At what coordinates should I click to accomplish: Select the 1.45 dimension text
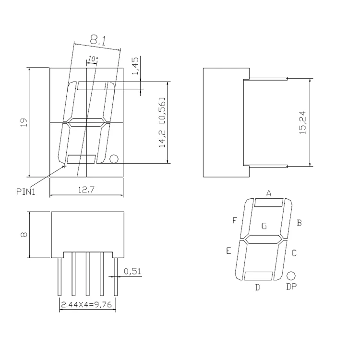pyautogui.click(x=135, y=66)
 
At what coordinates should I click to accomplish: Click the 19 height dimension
pyautogui.click(x=24, y=123)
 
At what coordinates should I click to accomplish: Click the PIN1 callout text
pyautogui.click(x=26, y=192)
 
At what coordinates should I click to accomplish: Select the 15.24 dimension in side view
pyautogui.click(x=302, y=123)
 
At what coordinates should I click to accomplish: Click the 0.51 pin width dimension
pyautogui.click(x=132, y=272)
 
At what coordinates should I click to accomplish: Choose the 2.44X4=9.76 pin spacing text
pyautogui.click(x=87, y=304)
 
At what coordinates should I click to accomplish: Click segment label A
pyautogui.click(x=269, y=193)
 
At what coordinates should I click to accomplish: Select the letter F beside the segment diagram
pyautogui.click(x=234, y=220)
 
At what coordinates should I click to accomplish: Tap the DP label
pyautogui.click(x=291, y=287)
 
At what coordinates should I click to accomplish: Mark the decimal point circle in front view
pyautogui.click(x=114, y=159)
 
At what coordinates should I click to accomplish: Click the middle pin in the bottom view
pyautogui.click(x=87, y=276)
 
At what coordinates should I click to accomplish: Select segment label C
pyautogui.click(x=294, y=252)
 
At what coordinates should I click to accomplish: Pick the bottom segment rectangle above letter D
pyautogui.click(x=259, y=276)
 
